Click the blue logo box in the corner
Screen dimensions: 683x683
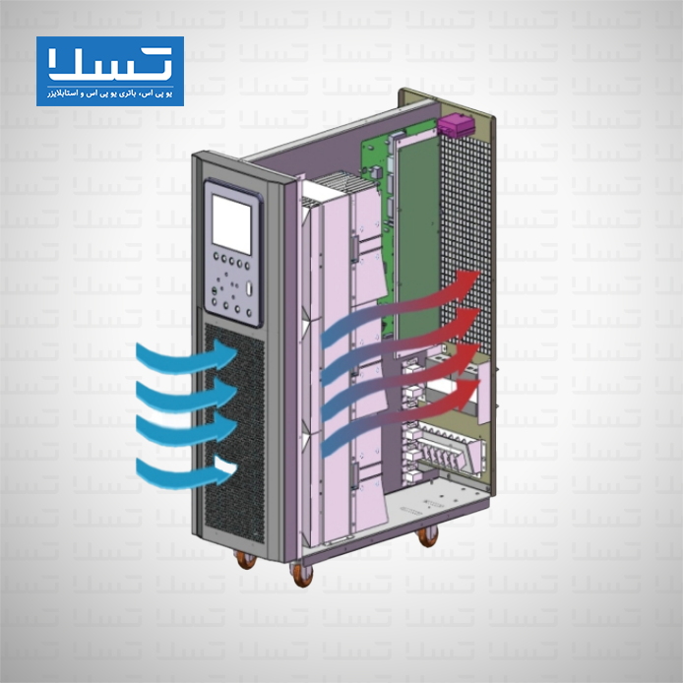click(x=110, y=71)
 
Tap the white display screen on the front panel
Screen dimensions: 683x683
click(x=231, y=223)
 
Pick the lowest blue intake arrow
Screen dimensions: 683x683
click(x=185, y=472)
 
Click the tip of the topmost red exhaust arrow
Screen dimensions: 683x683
click(x=479, y=272)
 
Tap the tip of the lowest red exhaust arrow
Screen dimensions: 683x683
click(x=480, y=381)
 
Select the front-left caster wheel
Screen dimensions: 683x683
click(x=245, y=559)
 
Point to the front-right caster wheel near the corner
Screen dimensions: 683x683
click(x=302, y=574)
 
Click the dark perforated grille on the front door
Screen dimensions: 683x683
click(x=235, y=433)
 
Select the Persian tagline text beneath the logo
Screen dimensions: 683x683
click(x=110, y=93)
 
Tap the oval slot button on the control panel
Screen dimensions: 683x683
click(x=250, y=288)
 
